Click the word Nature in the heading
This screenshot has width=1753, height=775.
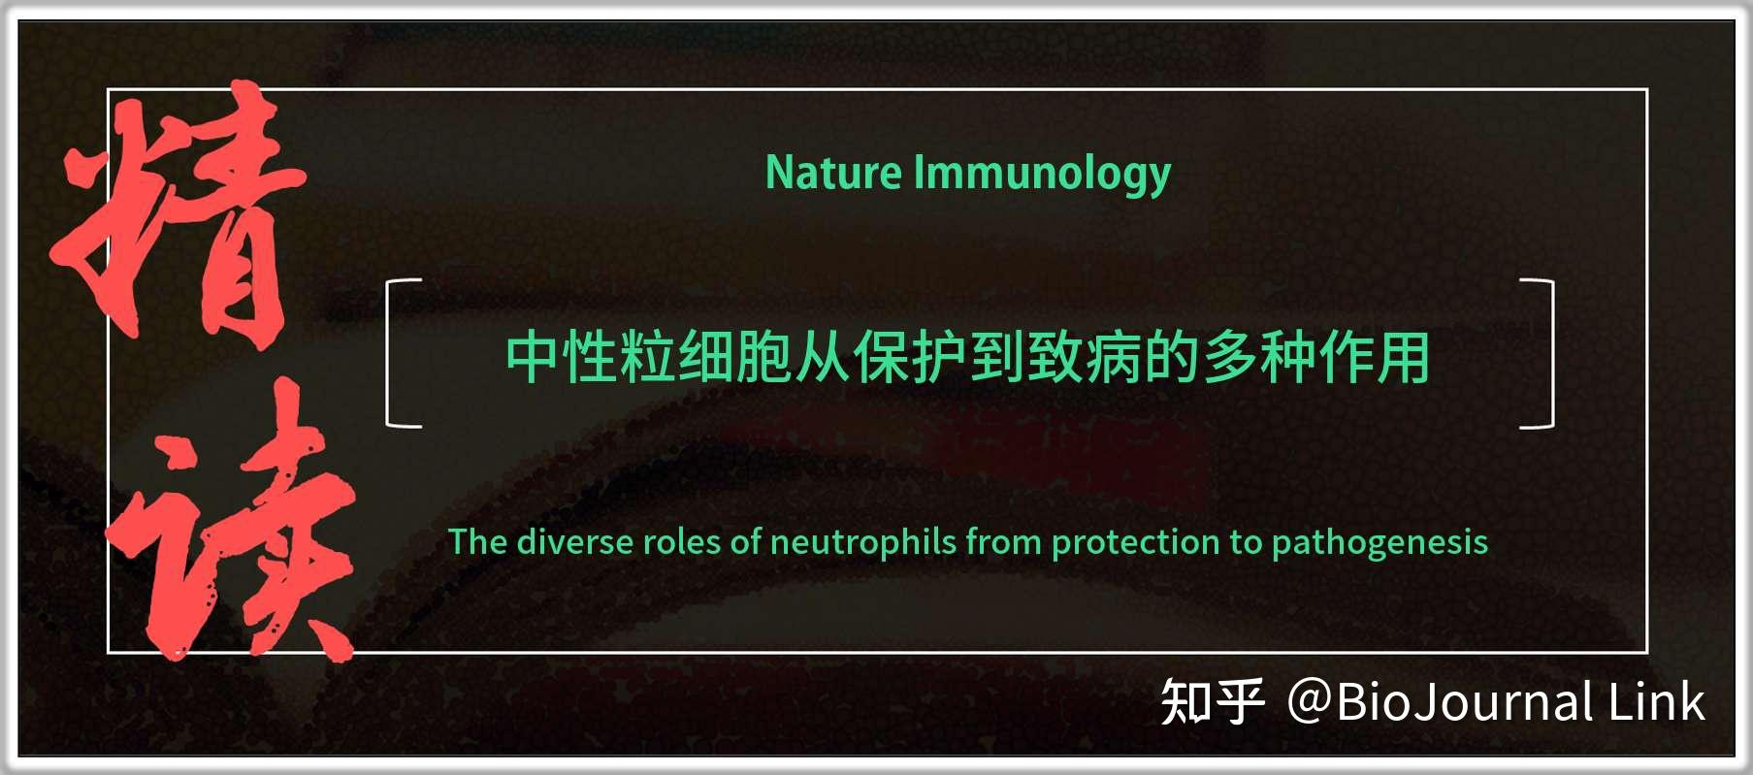click(833, 174)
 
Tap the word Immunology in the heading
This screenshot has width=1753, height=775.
click(1042, 174)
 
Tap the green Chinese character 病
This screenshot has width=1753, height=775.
click(1113, 357)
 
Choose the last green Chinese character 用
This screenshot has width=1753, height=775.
click(1402, 357)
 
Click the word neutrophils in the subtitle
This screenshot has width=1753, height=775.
click(862, 541)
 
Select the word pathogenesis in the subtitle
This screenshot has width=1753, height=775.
click(1379, 541)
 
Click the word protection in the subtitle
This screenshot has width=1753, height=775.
click(1135, 541)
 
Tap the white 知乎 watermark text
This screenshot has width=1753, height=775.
click(1213, 702)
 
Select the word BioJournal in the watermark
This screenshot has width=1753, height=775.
click(1465, 702)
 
